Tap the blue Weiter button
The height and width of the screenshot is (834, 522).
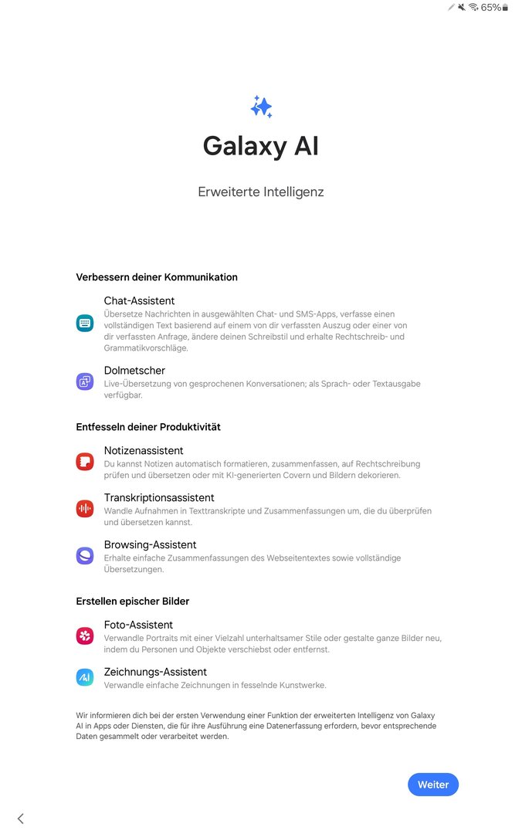[433, 785]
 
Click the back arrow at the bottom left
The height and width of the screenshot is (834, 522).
[21, 819]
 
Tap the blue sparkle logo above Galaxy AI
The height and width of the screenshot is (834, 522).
[261, 107]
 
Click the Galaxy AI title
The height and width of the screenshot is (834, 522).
[261, 146]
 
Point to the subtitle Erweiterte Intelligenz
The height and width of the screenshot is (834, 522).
[261, 192]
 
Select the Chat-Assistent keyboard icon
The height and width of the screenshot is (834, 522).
[85, 324]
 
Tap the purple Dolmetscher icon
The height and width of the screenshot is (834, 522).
[85, 381]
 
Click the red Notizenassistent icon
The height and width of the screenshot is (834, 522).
[85, 462]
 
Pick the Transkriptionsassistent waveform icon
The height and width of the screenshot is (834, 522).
[85, 509]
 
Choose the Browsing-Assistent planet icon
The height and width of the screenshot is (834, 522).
[85, 556]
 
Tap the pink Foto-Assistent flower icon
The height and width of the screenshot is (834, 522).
[85, 636]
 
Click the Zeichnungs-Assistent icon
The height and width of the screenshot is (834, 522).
[85, 677]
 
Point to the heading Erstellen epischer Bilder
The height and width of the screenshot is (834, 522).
[133, 602]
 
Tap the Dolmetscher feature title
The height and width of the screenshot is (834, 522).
[134, 371]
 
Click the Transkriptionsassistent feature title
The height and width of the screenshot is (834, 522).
[159, 498]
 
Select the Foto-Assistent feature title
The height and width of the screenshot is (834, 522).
[138, 625]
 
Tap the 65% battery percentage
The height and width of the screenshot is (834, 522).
[490, 8]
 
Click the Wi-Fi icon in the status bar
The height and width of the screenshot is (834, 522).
[473, 8]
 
